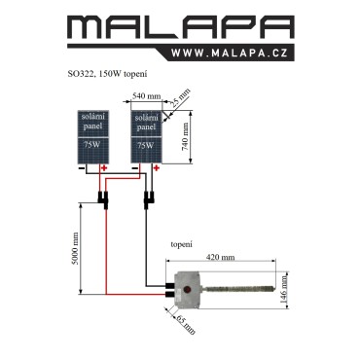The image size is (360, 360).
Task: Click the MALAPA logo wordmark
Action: point(181,27)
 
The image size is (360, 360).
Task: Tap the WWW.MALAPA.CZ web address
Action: point(230,53)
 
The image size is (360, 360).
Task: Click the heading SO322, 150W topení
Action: point(107,74)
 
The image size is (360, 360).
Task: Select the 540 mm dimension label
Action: point(147,96)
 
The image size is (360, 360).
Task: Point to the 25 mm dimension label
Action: point(180,97)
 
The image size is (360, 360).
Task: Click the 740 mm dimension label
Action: point(185,136)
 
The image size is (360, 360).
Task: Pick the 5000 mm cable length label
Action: point(75,248)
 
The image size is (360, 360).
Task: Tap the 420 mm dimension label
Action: point(221,258)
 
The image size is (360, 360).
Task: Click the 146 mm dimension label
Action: point(284,289)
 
